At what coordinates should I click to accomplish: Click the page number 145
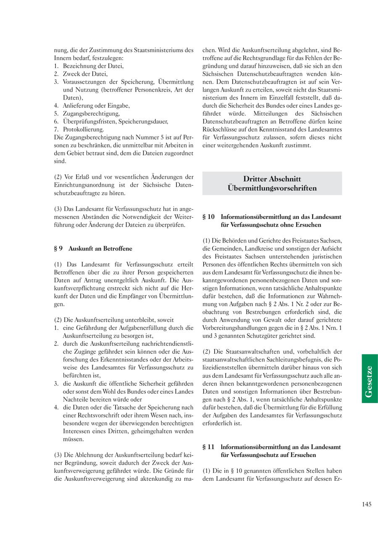pos(366,505)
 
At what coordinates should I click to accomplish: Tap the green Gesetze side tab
pos(369,378)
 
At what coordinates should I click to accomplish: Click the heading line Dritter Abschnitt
pos(272,179)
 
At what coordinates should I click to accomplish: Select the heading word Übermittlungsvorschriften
pos(272,188)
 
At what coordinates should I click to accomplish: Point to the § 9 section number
pos(58,248)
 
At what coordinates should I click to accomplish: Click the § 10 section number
pos(208,217)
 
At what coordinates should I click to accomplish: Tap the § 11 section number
pos(208,447)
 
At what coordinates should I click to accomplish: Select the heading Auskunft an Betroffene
pos(100,248)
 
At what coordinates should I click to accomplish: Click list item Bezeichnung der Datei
pos(93,66)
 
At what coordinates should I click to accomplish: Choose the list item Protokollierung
pos(83,129)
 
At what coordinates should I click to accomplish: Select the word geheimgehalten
pos(154,431)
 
